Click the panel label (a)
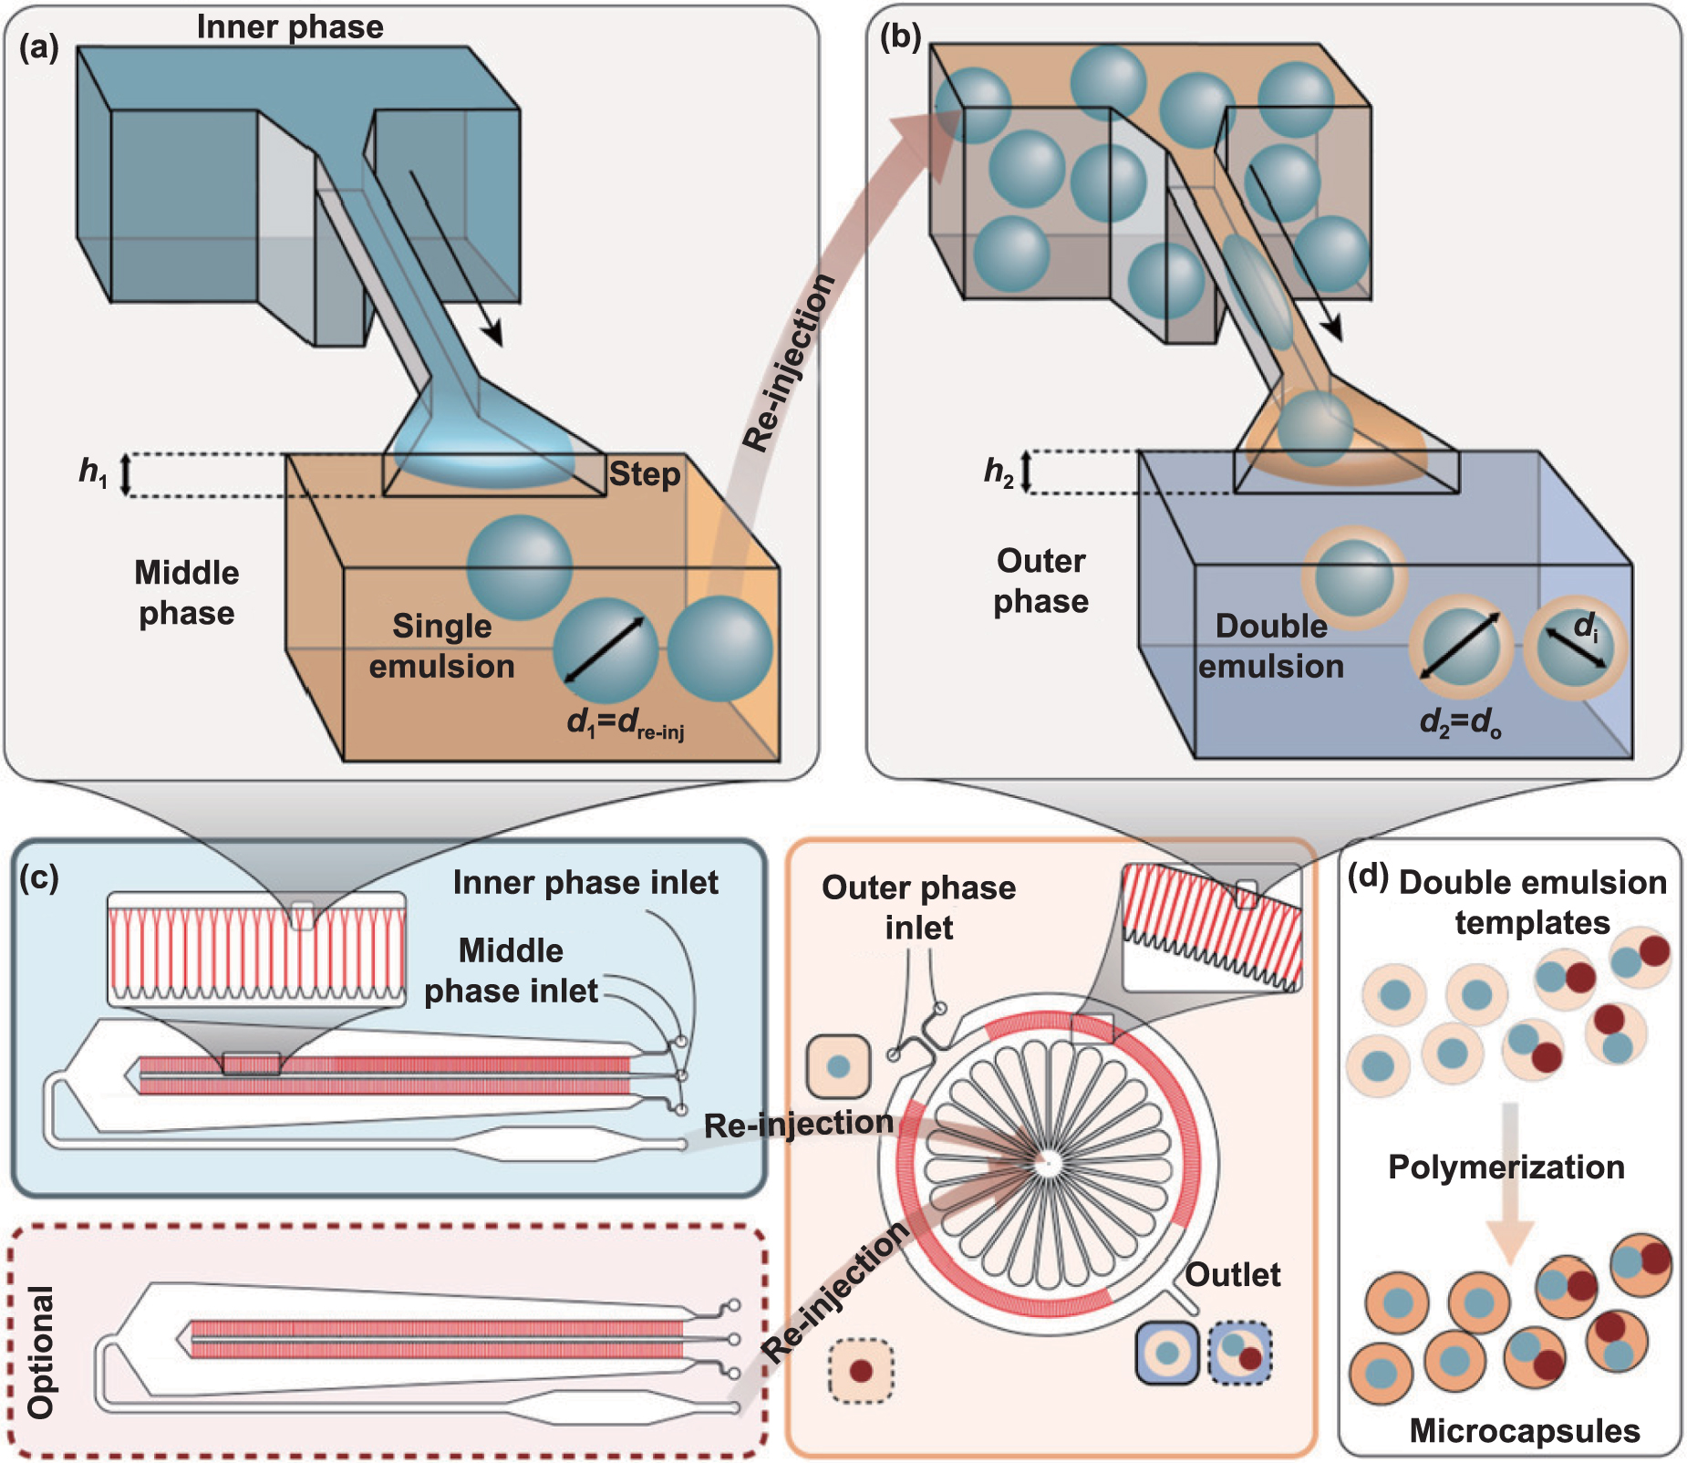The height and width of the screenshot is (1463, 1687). [x=39, y=47]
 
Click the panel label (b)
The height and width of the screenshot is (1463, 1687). [x=900, y=37]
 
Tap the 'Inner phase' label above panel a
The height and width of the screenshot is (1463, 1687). [x=290, y=26]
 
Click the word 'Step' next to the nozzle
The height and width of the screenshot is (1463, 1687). [x=644, y=474]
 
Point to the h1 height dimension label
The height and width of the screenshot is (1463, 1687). [x=93, y=472]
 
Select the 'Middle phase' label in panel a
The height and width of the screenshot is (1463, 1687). [x=187, y=593]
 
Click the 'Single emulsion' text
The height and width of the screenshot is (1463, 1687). [x=441, y=646]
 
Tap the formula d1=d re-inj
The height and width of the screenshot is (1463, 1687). [x=626, y=722]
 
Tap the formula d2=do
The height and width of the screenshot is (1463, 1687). [x=1460, y=722]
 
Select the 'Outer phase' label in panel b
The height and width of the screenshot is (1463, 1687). [x=1040, y=581]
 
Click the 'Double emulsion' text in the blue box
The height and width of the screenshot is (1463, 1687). [x=1271, y=646]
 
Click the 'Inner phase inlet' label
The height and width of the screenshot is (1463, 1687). [x=585, y=882]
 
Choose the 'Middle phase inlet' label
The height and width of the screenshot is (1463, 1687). [x=511, y=970]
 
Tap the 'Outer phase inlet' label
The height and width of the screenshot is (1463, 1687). [x=918, y=908]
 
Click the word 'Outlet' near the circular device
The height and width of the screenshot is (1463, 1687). [x=1232, y=1274]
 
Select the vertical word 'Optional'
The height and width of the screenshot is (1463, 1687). [x=41, y=1352]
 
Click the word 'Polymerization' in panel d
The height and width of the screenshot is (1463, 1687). [x=1506, y=1167]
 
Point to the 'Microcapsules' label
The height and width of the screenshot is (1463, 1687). [x=1525, y=1430]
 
